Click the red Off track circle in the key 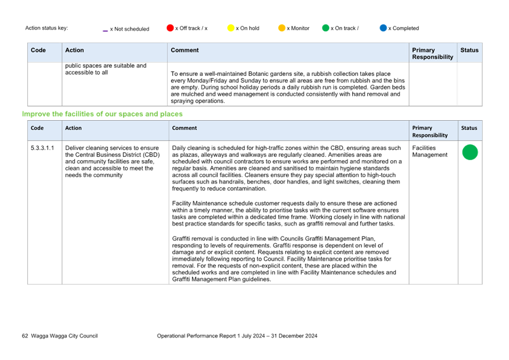click(x=170, y=28)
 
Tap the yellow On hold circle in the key click(x=231, y=28)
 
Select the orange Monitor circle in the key click(x=282, y=28)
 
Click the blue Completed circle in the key click(x=383, y=28)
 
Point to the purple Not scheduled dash click(x=105, y=31)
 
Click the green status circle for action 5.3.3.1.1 click(x=470, y=152)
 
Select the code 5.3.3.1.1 click(x=43, y=148)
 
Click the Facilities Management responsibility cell click(x=430, y=151)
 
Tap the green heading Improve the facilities click(x=102, y=114)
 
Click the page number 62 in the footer click(x=25, y=336)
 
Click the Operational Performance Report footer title click(x=237, y=336)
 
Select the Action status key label click(x=47, y=28)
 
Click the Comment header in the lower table click(x=184, y=128)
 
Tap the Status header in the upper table click(x=470, y=50)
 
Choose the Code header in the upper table click(x=38, y=50)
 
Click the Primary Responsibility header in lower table click(x=430, y=132)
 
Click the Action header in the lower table click(x=73, y=128)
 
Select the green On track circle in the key click(x=326, y=28)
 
